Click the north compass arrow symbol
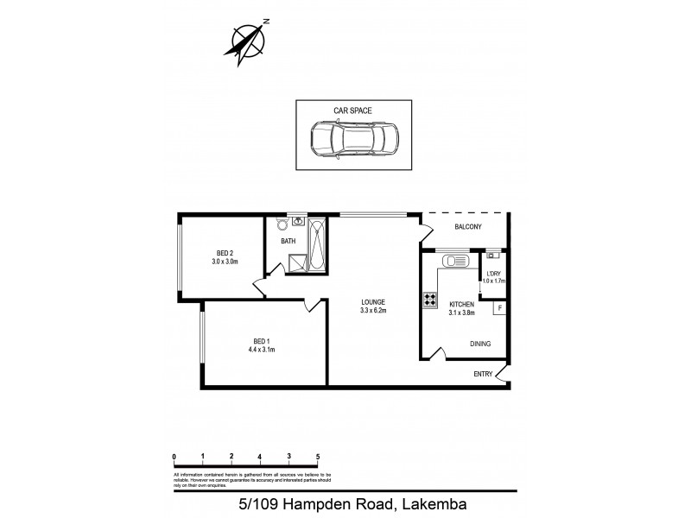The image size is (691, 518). click(250, 41)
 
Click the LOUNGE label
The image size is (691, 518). click(373, 301)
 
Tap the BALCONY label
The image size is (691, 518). click(467, 227)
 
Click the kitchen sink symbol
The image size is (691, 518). click(453, 260)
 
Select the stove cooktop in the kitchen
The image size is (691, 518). click(429, 301)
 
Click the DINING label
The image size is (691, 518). click(480, 344)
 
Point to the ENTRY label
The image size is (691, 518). click(483, 374)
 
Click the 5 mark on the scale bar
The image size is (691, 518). click(318, 458)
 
